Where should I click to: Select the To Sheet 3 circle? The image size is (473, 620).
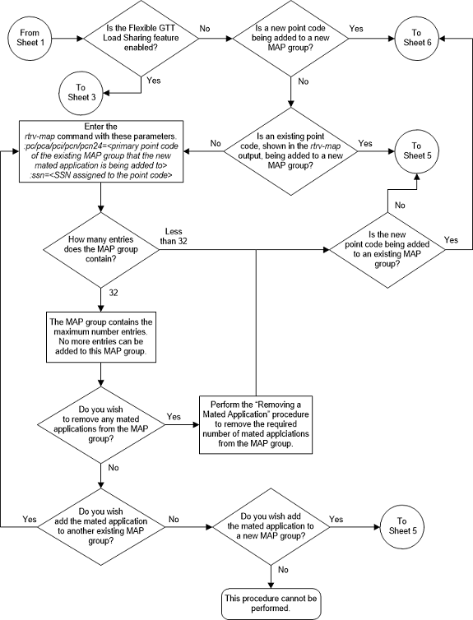pos(81,90)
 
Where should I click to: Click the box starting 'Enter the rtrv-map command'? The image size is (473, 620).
pos(100,151)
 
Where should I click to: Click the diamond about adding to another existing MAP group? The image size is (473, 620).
pos(100,525)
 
